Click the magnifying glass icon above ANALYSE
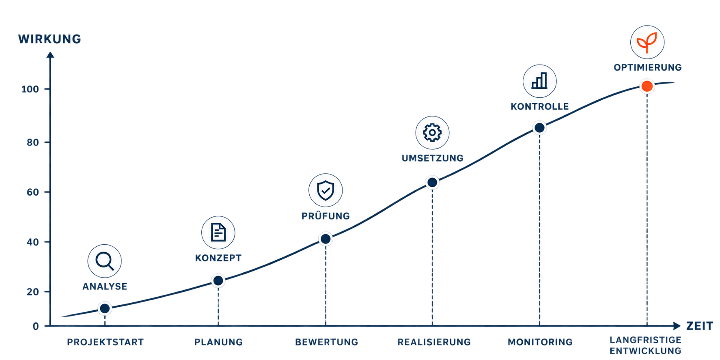click(104, 261)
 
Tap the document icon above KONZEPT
click(218, 233)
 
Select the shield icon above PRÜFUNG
click(326, 190)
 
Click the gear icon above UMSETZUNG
click(432, 132)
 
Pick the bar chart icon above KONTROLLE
click(539, 81)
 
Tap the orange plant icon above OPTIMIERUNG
click(647, 42)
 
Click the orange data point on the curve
click(647, 86)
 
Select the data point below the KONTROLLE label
click(539, 128)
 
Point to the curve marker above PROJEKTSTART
click(105, 308)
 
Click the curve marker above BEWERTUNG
click(326, 239)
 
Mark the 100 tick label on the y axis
click(30, 89)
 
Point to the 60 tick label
click(33, 192)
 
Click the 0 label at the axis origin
click(36, 326)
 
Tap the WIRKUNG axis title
click(50, 39)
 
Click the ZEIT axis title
click(700, 326)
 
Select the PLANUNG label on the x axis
click(218, 342)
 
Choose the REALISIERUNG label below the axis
click(434, 342)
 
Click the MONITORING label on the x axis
click(540, 342)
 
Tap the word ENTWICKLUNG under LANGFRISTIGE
click(645, 351)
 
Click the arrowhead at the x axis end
click(677, 326)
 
